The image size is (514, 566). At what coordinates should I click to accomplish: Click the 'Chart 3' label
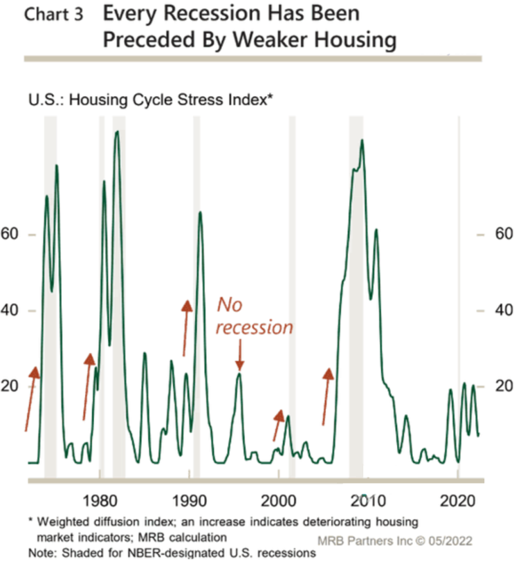pos(53,15)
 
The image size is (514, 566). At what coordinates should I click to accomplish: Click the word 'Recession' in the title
pos(212,13)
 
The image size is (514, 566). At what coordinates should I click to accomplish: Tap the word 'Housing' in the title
pos(356,40)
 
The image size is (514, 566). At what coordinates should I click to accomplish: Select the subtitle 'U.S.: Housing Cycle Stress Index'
pos(150,100)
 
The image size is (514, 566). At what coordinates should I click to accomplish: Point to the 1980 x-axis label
pos(100,501)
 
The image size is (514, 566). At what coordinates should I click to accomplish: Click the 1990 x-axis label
pos(189,501)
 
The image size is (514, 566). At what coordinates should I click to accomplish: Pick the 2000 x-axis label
pos(278,501)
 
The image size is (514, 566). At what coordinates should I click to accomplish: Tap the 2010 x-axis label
pos(368,501)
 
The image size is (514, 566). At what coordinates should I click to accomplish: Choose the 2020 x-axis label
pos(457,501)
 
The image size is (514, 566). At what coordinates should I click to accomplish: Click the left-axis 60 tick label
pos(10,234)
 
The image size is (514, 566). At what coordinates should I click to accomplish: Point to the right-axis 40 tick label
pos(504,310)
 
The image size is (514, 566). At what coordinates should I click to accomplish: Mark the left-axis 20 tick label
pos(10,386)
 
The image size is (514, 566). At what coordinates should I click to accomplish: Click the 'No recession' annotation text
pos(255,316)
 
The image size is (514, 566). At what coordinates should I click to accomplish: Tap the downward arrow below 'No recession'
pos(239,355)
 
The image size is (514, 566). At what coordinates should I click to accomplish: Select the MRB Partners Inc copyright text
pos(395,540)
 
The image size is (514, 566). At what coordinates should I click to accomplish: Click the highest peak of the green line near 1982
pos(117,131)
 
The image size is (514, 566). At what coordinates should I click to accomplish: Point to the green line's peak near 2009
pos(362,140)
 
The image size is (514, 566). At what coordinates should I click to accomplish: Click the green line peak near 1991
pos(200,212)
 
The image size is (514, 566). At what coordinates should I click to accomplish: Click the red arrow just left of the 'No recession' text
pos(186,328)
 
